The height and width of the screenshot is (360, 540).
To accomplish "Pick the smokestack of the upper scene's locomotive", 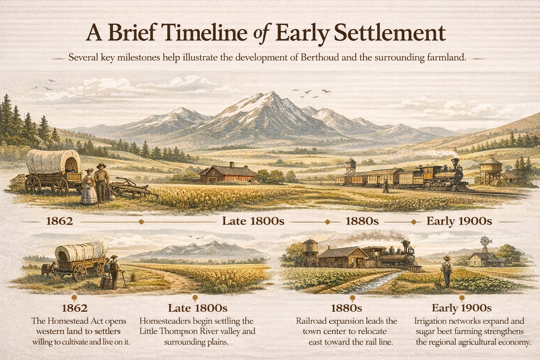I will coord(455,163).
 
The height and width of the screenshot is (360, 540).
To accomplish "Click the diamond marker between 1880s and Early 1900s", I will coord(414,221).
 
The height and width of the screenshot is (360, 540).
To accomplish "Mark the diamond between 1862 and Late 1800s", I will coord(141,222).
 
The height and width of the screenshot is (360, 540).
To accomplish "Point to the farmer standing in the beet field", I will coord(446,271).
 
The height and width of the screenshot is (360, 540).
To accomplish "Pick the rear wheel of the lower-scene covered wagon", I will coord(80,272).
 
